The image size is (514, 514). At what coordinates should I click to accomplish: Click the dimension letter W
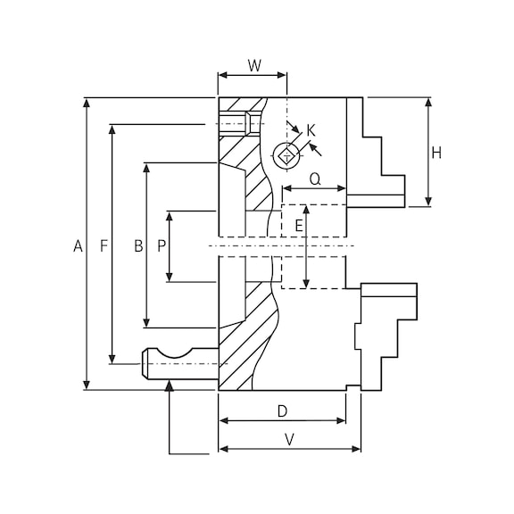point(254,65)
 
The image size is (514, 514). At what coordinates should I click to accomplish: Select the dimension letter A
point(78,245)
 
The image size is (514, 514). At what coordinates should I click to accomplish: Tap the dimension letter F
point(104,245)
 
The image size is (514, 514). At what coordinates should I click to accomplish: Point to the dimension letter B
point(138,245)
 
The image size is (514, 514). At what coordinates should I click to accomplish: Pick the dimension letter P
point(162,245)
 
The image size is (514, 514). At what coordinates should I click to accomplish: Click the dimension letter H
point(436,153)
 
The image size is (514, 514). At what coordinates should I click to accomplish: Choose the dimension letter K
point(311,130)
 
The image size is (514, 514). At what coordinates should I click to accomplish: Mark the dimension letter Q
point(315,179)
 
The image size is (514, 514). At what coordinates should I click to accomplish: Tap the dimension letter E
point(299,226)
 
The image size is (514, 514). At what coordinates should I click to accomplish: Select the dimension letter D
point(282,411)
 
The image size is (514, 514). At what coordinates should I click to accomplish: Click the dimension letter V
point(289,440)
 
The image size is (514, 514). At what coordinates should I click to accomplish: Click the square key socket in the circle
point(287,155)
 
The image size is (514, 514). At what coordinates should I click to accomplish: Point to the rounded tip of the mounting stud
point(145,363)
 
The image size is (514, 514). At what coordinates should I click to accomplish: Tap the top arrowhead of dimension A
point(87,103)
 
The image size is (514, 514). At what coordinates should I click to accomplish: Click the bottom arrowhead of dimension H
point(428,202)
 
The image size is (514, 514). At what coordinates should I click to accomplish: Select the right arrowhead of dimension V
point(356,449)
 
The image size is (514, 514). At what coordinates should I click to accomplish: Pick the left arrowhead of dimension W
point(223,75)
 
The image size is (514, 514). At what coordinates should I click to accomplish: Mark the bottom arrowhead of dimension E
point(306,284)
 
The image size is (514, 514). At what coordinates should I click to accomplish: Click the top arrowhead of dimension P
point(170,216)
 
